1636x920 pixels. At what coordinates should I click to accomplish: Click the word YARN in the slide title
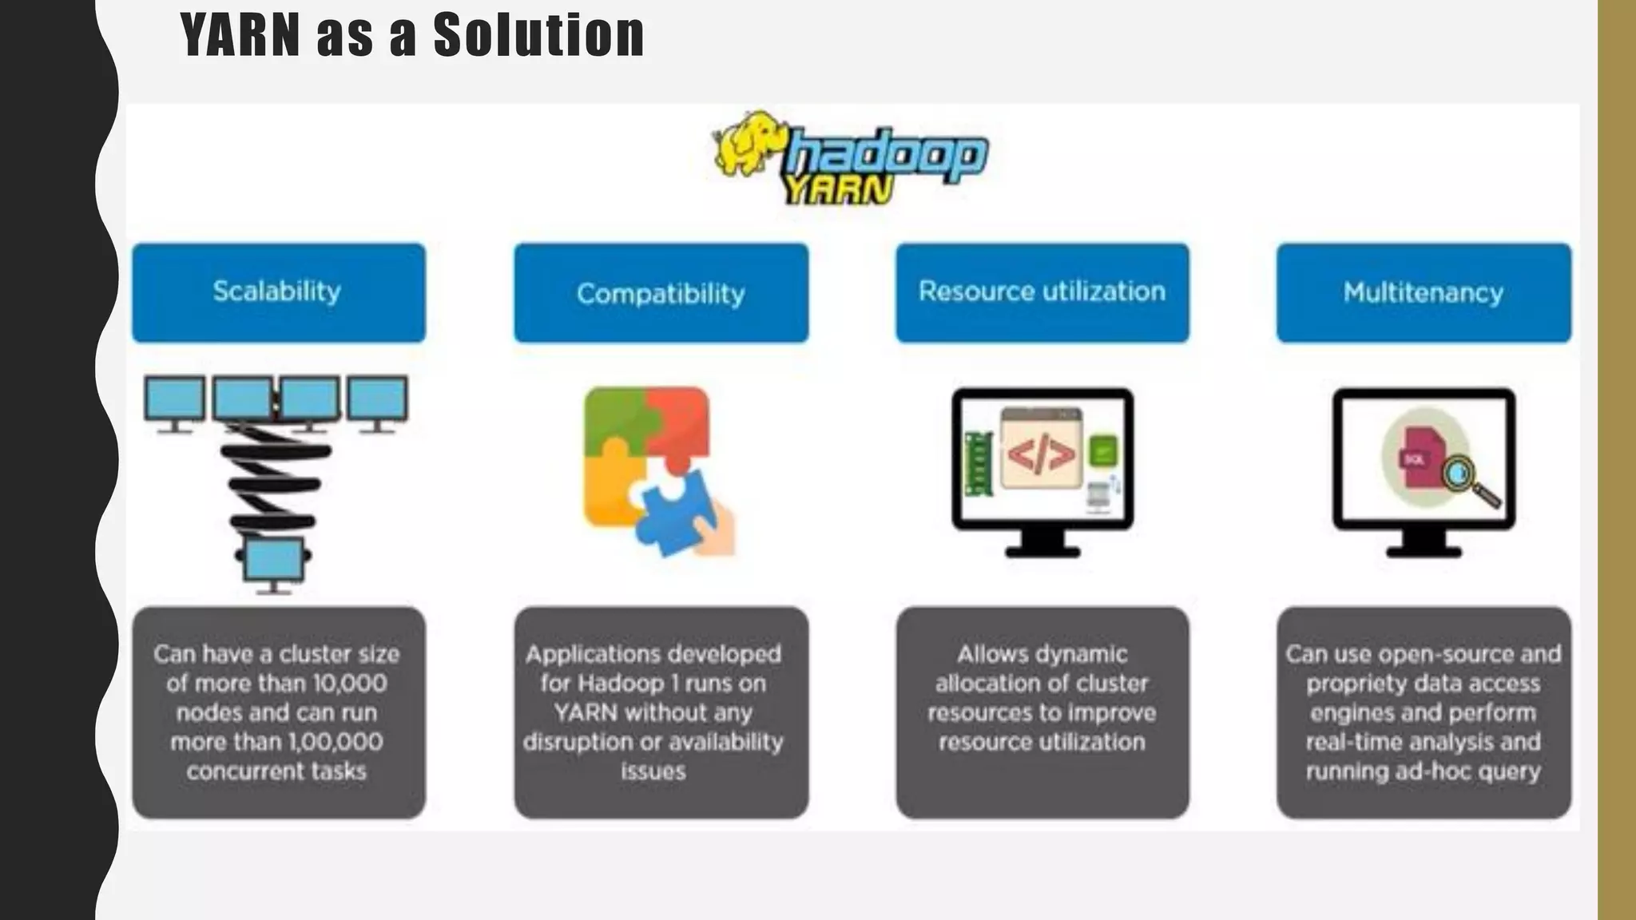[240, 35]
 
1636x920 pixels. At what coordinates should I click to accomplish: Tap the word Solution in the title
[538, 35]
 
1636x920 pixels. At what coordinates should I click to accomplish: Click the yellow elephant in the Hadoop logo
[748, 144]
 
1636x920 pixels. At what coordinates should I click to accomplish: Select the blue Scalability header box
[278, 292]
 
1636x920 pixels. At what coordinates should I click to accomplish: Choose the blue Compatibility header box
[661, 292]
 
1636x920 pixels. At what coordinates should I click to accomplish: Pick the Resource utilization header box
[1042, 292]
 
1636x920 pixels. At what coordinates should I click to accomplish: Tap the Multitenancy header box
[1424, 292]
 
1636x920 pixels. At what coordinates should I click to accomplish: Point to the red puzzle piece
[679, 423]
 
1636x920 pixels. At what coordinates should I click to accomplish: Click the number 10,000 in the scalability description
[349, 684]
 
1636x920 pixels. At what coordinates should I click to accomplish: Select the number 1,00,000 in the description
[336, 742]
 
